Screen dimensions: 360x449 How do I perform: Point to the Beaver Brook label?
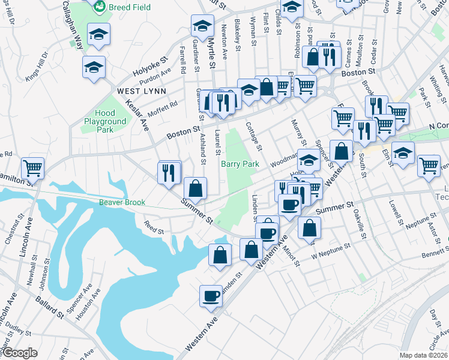tap(122, 203)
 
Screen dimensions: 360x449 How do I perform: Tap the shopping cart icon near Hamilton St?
tap(32, 167)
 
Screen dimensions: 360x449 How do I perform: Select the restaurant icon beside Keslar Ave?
tap(169, 172)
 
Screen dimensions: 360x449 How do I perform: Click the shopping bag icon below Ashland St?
tap(195, 188)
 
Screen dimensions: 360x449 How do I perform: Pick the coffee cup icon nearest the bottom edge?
tap(211, 296)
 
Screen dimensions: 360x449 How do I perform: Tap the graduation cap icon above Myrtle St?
tap(202, 25)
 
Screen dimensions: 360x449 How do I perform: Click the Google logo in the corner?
tap(20, 353)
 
